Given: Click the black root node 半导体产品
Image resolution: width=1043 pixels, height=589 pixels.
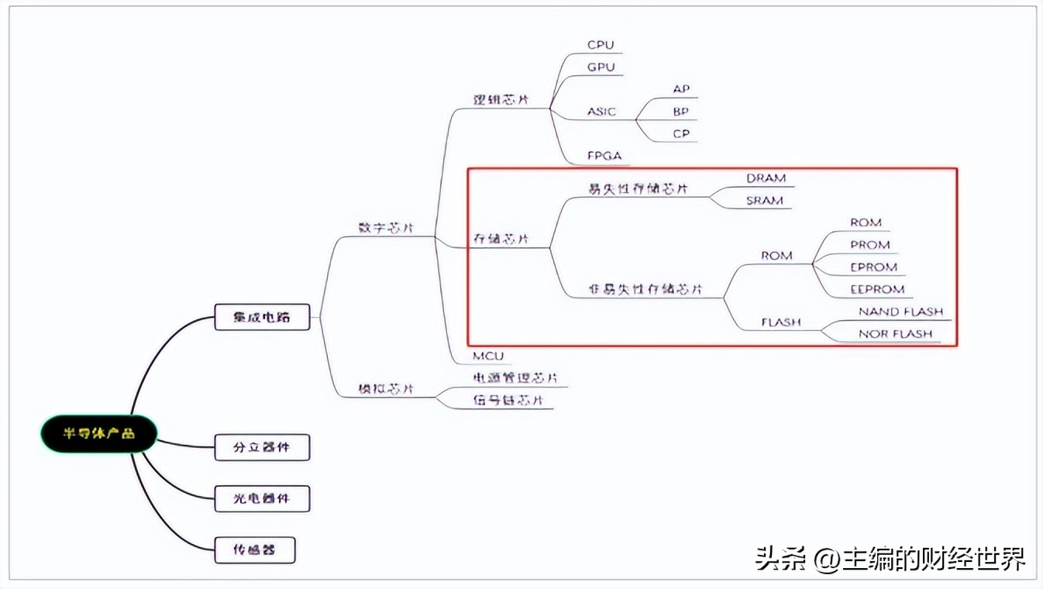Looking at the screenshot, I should click(x=98, y=433).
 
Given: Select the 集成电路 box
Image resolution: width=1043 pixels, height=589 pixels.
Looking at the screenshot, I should click(x=262, y=317).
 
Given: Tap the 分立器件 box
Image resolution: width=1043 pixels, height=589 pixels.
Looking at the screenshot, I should click(x=262, y=447).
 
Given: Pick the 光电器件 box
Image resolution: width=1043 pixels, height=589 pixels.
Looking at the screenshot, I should click(x=262, y=498).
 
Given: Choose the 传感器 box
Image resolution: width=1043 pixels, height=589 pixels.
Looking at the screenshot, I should click(x=254, y=550).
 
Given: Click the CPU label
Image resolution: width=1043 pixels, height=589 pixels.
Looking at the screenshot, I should click(x=601, y=45).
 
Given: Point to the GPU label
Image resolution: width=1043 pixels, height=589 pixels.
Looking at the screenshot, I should click(x=601, y=67).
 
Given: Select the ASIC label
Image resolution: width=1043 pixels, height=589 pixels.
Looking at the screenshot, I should click(x=601, y=112).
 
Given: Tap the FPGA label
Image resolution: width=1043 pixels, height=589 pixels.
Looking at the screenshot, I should click(x=604, y=156).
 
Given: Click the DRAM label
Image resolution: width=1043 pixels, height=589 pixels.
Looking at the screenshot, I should click(x=766, y=178).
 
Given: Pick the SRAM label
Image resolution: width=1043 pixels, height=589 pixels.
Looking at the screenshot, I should click(x=764, y=201).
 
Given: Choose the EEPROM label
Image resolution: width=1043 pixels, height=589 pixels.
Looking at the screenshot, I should click(x=877, y=289).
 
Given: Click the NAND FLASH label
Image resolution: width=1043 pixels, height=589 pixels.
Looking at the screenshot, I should click(x=900, y=312).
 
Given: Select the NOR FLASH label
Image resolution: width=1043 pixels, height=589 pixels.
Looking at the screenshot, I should click(x=895, y=334).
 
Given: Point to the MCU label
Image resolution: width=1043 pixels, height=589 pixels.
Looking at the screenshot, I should click(x=488, y=356).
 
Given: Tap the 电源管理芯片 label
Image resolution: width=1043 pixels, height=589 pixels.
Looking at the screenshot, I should click(x=515, y=378).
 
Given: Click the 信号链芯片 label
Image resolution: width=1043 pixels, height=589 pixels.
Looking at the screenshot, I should click(x=508, y=400).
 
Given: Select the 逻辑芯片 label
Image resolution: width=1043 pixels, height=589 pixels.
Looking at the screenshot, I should click(x=501, y=100).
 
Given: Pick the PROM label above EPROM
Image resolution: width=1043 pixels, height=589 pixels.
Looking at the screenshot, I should click(x=869, y=245).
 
